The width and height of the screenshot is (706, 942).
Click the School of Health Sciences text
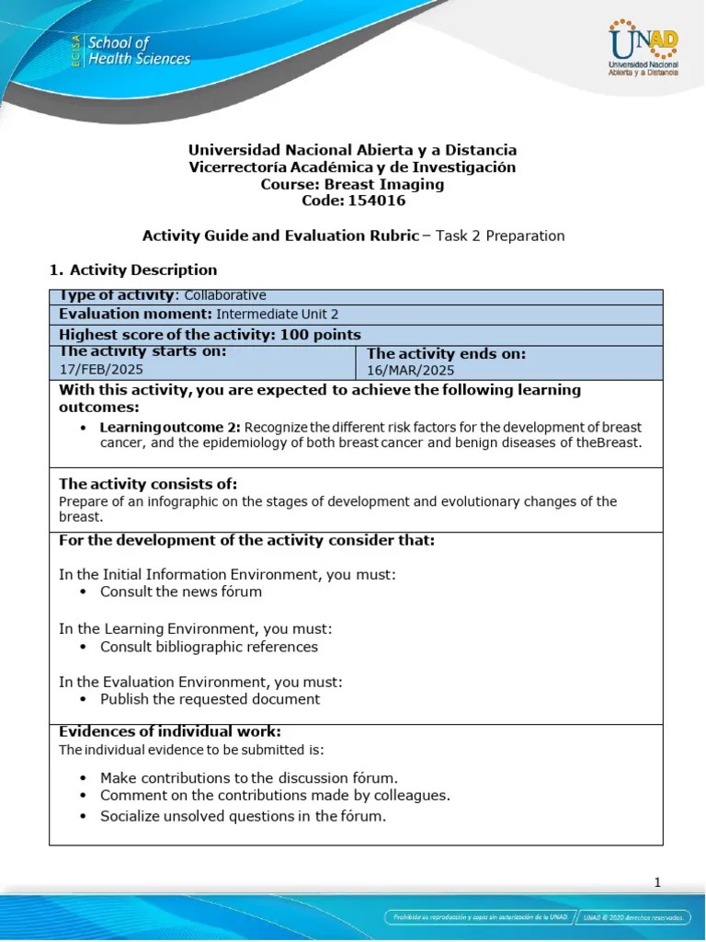[138, 52]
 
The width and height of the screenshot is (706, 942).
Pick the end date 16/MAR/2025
[411, 370]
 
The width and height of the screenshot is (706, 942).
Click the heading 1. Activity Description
[132, 270]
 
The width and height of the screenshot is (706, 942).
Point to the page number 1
[657, 882]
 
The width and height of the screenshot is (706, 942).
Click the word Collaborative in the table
[225, 295]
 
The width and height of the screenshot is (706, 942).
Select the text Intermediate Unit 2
[257, 314]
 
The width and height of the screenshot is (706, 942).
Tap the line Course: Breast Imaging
[353, 184]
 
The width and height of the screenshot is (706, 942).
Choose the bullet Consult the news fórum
[181, 592]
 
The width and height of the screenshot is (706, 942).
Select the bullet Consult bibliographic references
[209, 647]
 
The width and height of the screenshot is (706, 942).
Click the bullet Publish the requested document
[210, 699]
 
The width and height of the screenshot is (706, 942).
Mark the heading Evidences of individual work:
[170, 732]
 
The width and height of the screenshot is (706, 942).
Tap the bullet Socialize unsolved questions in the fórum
[243, 816]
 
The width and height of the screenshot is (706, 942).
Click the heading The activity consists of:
[148, 484]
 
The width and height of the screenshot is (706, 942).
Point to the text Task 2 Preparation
[500, 235]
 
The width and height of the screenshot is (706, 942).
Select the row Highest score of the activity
[210, 335]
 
